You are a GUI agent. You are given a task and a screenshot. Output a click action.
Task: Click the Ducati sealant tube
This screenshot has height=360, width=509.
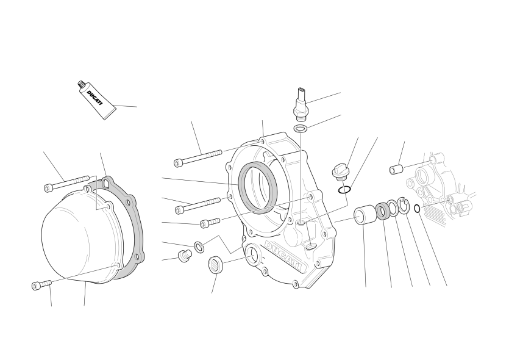point(97,99)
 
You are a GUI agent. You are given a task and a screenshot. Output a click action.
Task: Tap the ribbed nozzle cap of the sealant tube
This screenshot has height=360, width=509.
point(81,84)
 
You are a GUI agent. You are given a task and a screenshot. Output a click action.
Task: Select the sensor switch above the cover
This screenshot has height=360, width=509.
point(301,101)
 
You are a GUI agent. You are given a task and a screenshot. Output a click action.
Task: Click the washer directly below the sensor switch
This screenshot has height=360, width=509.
point(301,128)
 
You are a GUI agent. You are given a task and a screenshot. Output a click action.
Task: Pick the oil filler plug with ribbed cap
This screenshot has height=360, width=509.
point(338,171)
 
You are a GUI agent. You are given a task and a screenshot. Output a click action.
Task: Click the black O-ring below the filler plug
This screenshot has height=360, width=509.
point(344,189)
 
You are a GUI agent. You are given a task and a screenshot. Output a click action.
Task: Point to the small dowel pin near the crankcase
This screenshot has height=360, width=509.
point(396,169)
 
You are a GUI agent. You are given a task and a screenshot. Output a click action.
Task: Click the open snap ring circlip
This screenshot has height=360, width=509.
point(404,206)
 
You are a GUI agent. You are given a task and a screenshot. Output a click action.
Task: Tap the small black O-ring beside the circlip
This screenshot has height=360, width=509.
point(418,208)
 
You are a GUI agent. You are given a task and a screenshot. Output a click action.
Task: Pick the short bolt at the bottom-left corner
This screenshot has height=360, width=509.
point(42,284)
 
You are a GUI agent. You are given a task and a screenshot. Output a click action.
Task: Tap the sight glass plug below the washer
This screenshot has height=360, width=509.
point(215,264)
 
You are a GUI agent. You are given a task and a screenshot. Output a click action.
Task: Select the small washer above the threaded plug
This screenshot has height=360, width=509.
point(199,247)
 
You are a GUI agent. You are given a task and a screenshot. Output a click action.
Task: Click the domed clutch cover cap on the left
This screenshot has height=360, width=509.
point(81,234)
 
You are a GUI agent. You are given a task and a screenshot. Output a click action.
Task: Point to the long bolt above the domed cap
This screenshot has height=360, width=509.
point(66,183)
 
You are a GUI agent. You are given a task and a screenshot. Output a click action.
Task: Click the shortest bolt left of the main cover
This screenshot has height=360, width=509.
point(210,222)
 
